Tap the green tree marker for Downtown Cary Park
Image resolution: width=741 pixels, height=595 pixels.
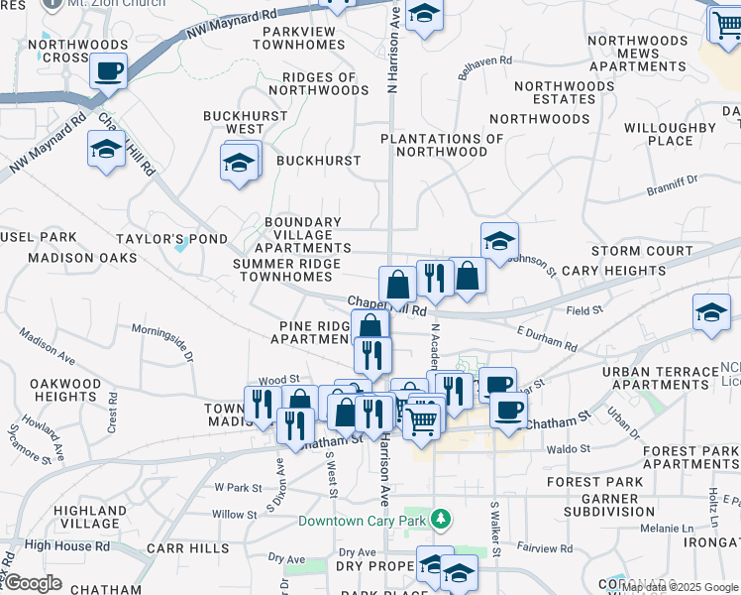coord(446,520)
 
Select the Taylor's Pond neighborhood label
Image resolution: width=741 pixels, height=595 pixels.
coord(171,239)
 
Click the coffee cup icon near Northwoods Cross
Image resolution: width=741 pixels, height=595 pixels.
coord(108,71)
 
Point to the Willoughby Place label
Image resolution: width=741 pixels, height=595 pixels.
coord(670,134)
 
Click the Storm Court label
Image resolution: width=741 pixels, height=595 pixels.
coord(642,251)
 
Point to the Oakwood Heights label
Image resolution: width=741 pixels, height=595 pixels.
coord(65,390)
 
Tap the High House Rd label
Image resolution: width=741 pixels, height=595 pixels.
coord(67,545)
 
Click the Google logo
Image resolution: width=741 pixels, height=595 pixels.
coord(32,583)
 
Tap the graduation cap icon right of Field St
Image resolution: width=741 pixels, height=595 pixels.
coord(711,312)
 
